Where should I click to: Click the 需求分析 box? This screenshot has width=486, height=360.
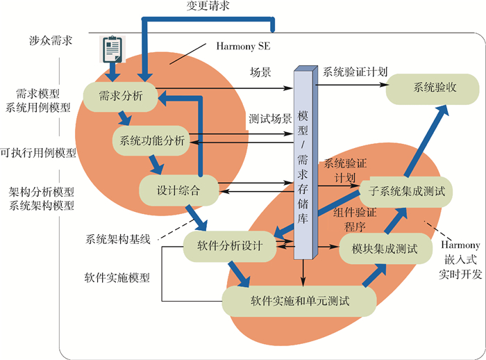[x=117, y=97]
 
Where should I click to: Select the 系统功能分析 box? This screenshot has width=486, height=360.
[x=151, y=139]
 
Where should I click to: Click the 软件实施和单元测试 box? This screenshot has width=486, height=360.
[x=299, y=302]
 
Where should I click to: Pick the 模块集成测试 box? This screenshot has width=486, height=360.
[x=379, y=249]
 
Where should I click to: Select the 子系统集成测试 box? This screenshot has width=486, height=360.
[x=406, y=189]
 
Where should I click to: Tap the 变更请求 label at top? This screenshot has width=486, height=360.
[x=208, y=6]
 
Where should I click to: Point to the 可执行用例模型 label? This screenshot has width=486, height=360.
[x=38, y=152]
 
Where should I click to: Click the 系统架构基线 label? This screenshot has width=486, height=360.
[x=117, y=238]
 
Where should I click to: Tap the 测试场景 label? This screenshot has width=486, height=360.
[x=270, y=117]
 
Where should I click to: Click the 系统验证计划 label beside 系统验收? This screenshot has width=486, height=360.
[x=355, y=72]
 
